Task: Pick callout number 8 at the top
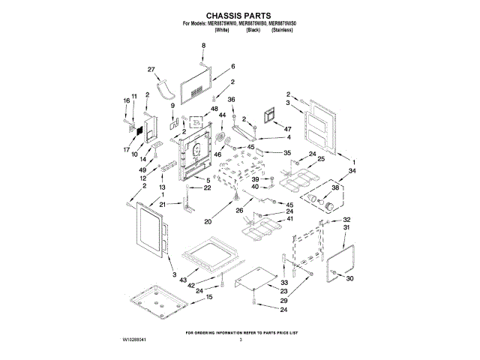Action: point(202,46)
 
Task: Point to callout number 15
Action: point(198,297)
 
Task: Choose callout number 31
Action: point(346,227)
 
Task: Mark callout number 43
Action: point(182,279)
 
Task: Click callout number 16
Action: point(126,100)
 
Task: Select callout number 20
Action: point(208,221)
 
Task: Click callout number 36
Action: point(231,99)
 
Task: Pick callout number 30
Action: point(349,280)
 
